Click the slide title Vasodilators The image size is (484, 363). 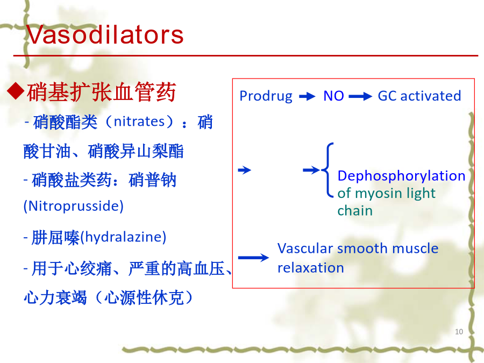pos(105,34)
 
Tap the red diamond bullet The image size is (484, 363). pos(16,91)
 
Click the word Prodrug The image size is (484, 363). pos(266,96)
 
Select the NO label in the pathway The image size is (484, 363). pos(333,96)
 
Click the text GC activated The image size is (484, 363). pos(419,96)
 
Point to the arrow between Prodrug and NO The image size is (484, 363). pos(307,97)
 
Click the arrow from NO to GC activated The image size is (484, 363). pos(360,97)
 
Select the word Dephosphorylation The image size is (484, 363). pos(401,176)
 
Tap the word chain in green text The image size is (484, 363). pos(355,210)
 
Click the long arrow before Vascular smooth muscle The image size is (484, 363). pos(253,258)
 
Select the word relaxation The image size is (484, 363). pos(310,268)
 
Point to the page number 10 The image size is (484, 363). pos(459,332)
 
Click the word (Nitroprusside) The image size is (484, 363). pos(74,206)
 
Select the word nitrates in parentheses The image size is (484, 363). pos(139,122)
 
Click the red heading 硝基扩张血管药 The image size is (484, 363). pos(101,91)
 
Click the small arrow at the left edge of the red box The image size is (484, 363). pos(245,170)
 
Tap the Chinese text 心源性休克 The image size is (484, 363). pos(144,297)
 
